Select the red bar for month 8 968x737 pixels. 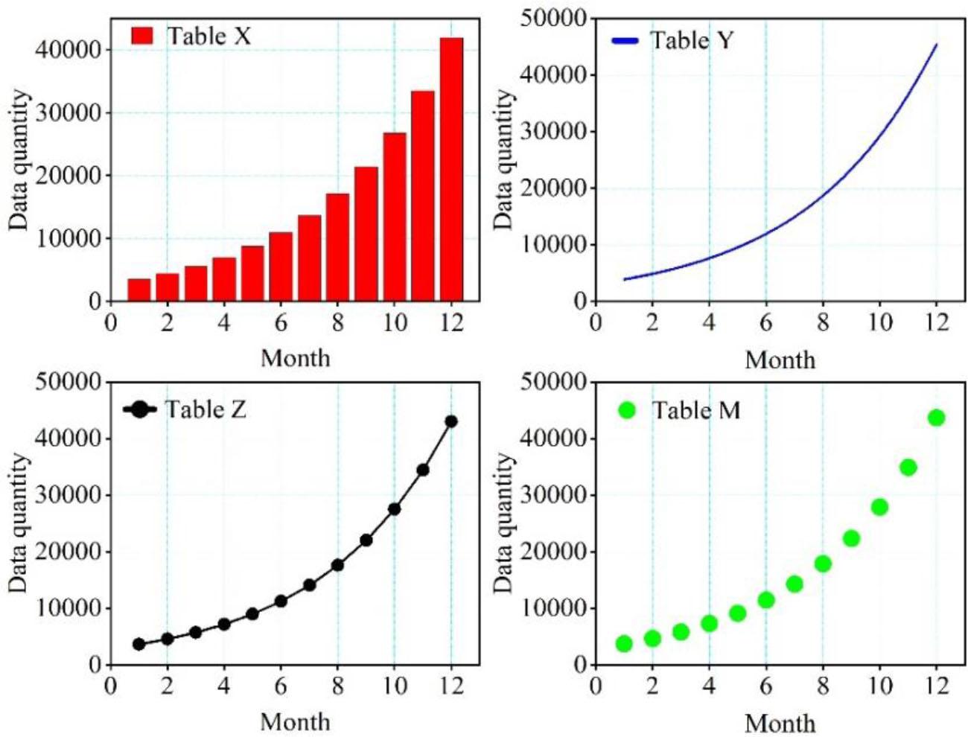click(337, 247)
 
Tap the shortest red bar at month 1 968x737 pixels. click(139, 290)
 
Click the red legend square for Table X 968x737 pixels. click(141, 35)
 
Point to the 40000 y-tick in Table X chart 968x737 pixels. click(68, 50)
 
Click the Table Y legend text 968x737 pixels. click(692, 40)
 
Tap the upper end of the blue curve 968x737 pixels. click(936, 45)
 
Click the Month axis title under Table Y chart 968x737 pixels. click(780, 360)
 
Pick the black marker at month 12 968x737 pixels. click(451, 421)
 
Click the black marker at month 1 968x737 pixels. click(139, 644)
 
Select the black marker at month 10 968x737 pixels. click(394, 509)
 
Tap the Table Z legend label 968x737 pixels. click(206, 409)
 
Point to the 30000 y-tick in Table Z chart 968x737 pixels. click(68, 495)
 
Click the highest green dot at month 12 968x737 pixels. click(936, 418)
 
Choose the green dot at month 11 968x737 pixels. click(908, 468)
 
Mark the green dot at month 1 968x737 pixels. click(624, 644)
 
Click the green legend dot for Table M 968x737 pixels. click(627, 410)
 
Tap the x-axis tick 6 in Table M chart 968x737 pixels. click(765, 685)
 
